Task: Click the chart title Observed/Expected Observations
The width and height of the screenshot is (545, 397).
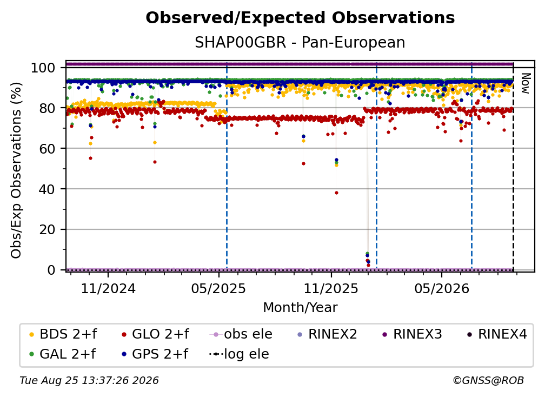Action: pyautogui.click(x=300, y=18)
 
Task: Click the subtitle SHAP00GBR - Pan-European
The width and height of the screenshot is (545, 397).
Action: pyautogui.click(x=300, y=42)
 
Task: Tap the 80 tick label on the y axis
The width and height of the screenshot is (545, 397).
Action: pyautogui.click(x=47, y=108)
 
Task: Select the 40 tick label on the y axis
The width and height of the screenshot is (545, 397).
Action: pyautogui.click(x=47, y=189)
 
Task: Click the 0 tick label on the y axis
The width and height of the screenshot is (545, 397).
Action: pyautogui.click(x=51, y=270)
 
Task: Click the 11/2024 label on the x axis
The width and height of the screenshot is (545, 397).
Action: pyautogui.click(x=108, y=288)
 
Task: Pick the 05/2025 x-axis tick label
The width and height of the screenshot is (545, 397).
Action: pyautogui.click(x=218, y=288)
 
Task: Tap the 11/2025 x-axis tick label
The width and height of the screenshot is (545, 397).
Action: pyautogui.click(x=331, y=288)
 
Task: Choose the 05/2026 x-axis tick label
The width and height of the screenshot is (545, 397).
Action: pyautogui.click(x=441, y=288)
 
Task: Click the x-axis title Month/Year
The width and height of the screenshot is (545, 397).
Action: pyautogui.click(x=300, y=307)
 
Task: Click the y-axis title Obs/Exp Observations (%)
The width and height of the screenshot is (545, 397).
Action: pyautogui.click(x=16, y=170)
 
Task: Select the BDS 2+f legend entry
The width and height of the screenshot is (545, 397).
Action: pyautogui.click(x=63, y=334)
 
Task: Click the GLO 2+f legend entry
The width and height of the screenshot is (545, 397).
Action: pyautogui.click(x=155, y=334)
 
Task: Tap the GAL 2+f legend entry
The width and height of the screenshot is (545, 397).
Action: pyautogui.click(x=63, y=354)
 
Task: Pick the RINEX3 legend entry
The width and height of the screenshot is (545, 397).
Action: pyautogui.click(x=412, y=334)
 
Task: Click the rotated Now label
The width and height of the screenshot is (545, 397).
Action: pyautogui.click(x=525, y=83)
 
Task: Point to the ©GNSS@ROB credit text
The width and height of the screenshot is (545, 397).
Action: pyautogui.click(x=488, y=380)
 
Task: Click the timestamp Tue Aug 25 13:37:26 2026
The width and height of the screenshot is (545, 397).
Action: pyautogui.click(x=89, y=380)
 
